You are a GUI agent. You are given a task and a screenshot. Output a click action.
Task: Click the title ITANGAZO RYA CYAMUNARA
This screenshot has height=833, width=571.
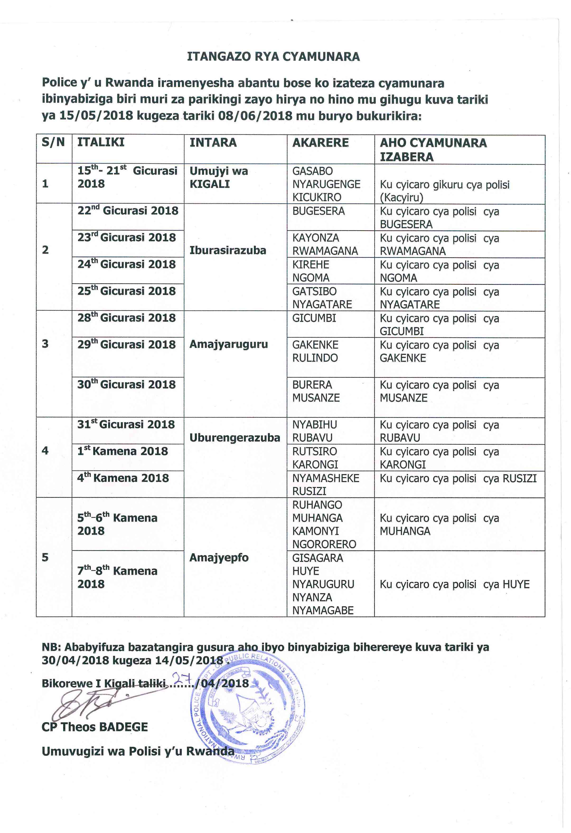point(273,57)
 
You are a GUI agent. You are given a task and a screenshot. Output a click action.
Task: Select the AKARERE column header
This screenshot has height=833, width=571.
point(320,143)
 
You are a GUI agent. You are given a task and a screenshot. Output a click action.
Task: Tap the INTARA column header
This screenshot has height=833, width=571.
point(213,143)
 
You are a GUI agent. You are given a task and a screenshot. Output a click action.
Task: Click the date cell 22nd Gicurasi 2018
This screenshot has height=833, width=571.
point(128,210)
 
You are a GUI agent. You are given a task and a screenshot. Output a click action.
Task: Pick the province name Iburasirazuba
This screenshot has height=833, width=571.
point(228,250)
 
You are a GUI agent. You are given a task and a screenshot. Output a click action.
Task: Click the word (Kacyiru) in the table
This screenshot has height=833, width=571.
point(401,197)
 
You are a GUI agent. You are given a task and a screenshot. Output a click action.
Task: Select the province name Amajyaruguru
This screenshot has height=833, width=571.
point(229,344)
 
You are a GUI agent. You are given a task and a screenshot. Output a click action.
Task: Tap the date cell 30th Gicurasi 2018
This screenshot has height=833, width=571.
point(126,384)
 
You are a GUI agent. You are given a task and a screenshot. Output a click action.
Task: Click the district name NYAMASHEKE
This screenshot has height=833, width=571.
point(326,478)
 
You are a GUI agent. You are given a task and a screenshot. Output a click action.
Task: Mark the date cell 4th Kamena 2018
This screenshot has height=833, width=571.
point(123,478)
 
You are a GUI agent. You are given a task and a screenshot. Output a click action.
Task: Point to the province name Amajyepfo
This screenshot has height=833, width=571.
point(219,557)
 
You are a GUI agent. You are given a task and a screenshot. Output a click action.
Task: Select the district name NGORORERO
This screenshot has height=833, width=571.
point(324,544)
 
